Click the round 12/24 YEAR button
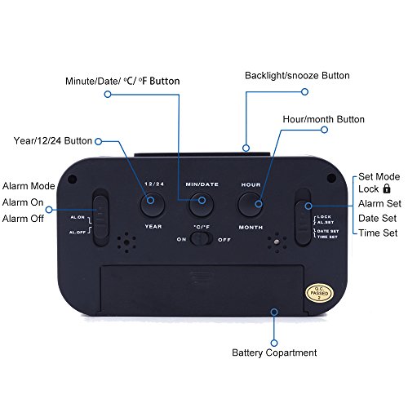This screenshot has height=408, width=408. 152,202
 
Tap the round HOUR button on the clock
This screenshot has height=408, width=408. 250,202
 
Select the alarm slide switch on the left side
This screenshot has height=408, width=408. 100,218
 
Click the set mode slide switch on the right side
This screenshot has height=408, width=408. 303,216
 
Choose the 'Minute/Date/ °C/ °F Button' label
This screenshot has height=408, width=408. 122,82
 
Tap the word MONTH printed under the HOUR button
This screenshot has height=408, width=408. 251,225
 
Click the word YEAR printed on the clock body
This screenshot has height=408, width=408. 152,226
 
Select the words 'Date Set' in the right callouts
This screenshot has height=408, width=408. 378,219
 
